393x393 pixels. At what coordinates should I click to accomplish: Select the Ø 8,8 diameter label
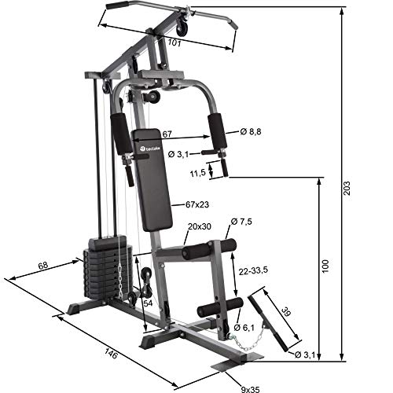(251, 131)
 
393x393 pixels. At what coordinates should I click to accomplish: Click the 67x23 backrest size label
(196, 205)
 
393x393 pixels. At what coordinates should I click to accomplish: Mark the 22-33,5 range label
(253, 270)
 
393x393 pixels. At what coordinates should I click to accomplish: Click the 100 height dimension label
(323, 266)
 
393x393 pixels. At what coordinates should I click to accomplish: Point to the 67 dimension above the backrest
(167, 135)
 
